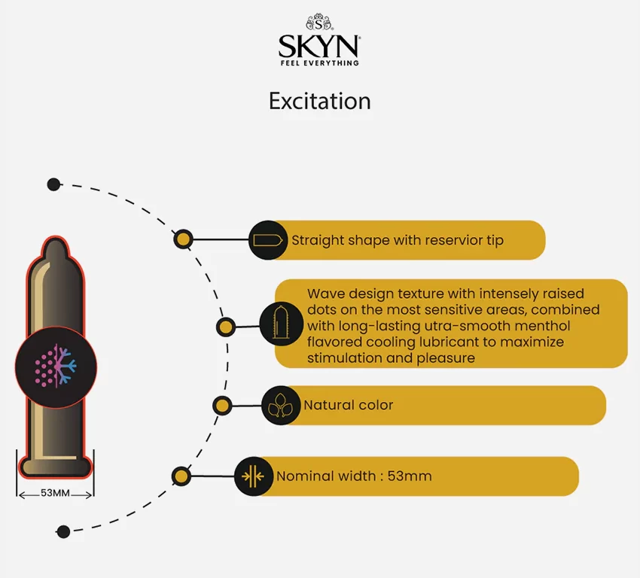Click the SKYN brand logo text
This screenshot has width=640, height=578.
click(x=318, y=46)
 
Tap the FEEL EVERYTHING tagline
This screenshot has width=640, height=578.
click(x=319, y=62)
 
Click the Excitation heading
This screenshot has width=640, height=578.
click(x=319, y=101)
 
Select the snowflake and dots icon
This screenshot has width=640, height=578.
click(x=56, y=366)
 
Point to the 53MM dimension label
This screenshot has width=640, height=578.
click(x=55, y=493)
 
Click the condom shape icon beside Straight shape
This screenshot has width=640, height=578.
click(x=268, y=240)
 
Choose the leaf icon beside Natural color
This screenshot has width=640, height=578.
click(x=280, y=406)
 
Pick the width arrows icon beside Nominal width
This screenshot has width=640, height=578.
click(x=254, y=476)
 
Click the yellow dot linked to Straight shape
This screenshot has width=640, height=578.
click(x=183, y=239)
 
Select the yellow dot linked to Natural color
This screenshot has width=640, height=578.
click(x=222, y=406)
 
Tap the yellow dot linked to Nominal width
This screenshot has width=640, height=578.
click(x=181, y=476)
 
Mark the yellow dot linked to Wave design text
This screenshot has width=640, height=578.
click(x=225, y=327)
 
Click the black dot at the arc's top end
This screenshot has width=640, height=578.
click(x=53, y=184)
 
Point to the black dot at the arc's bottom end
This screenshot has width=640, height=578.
click(x=63, y=531)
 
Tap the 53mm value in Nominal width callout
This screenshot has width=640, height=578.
click(x=410, y=476)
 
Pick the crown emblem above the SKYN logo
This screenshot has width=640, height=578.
click(x=319, y=22)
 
